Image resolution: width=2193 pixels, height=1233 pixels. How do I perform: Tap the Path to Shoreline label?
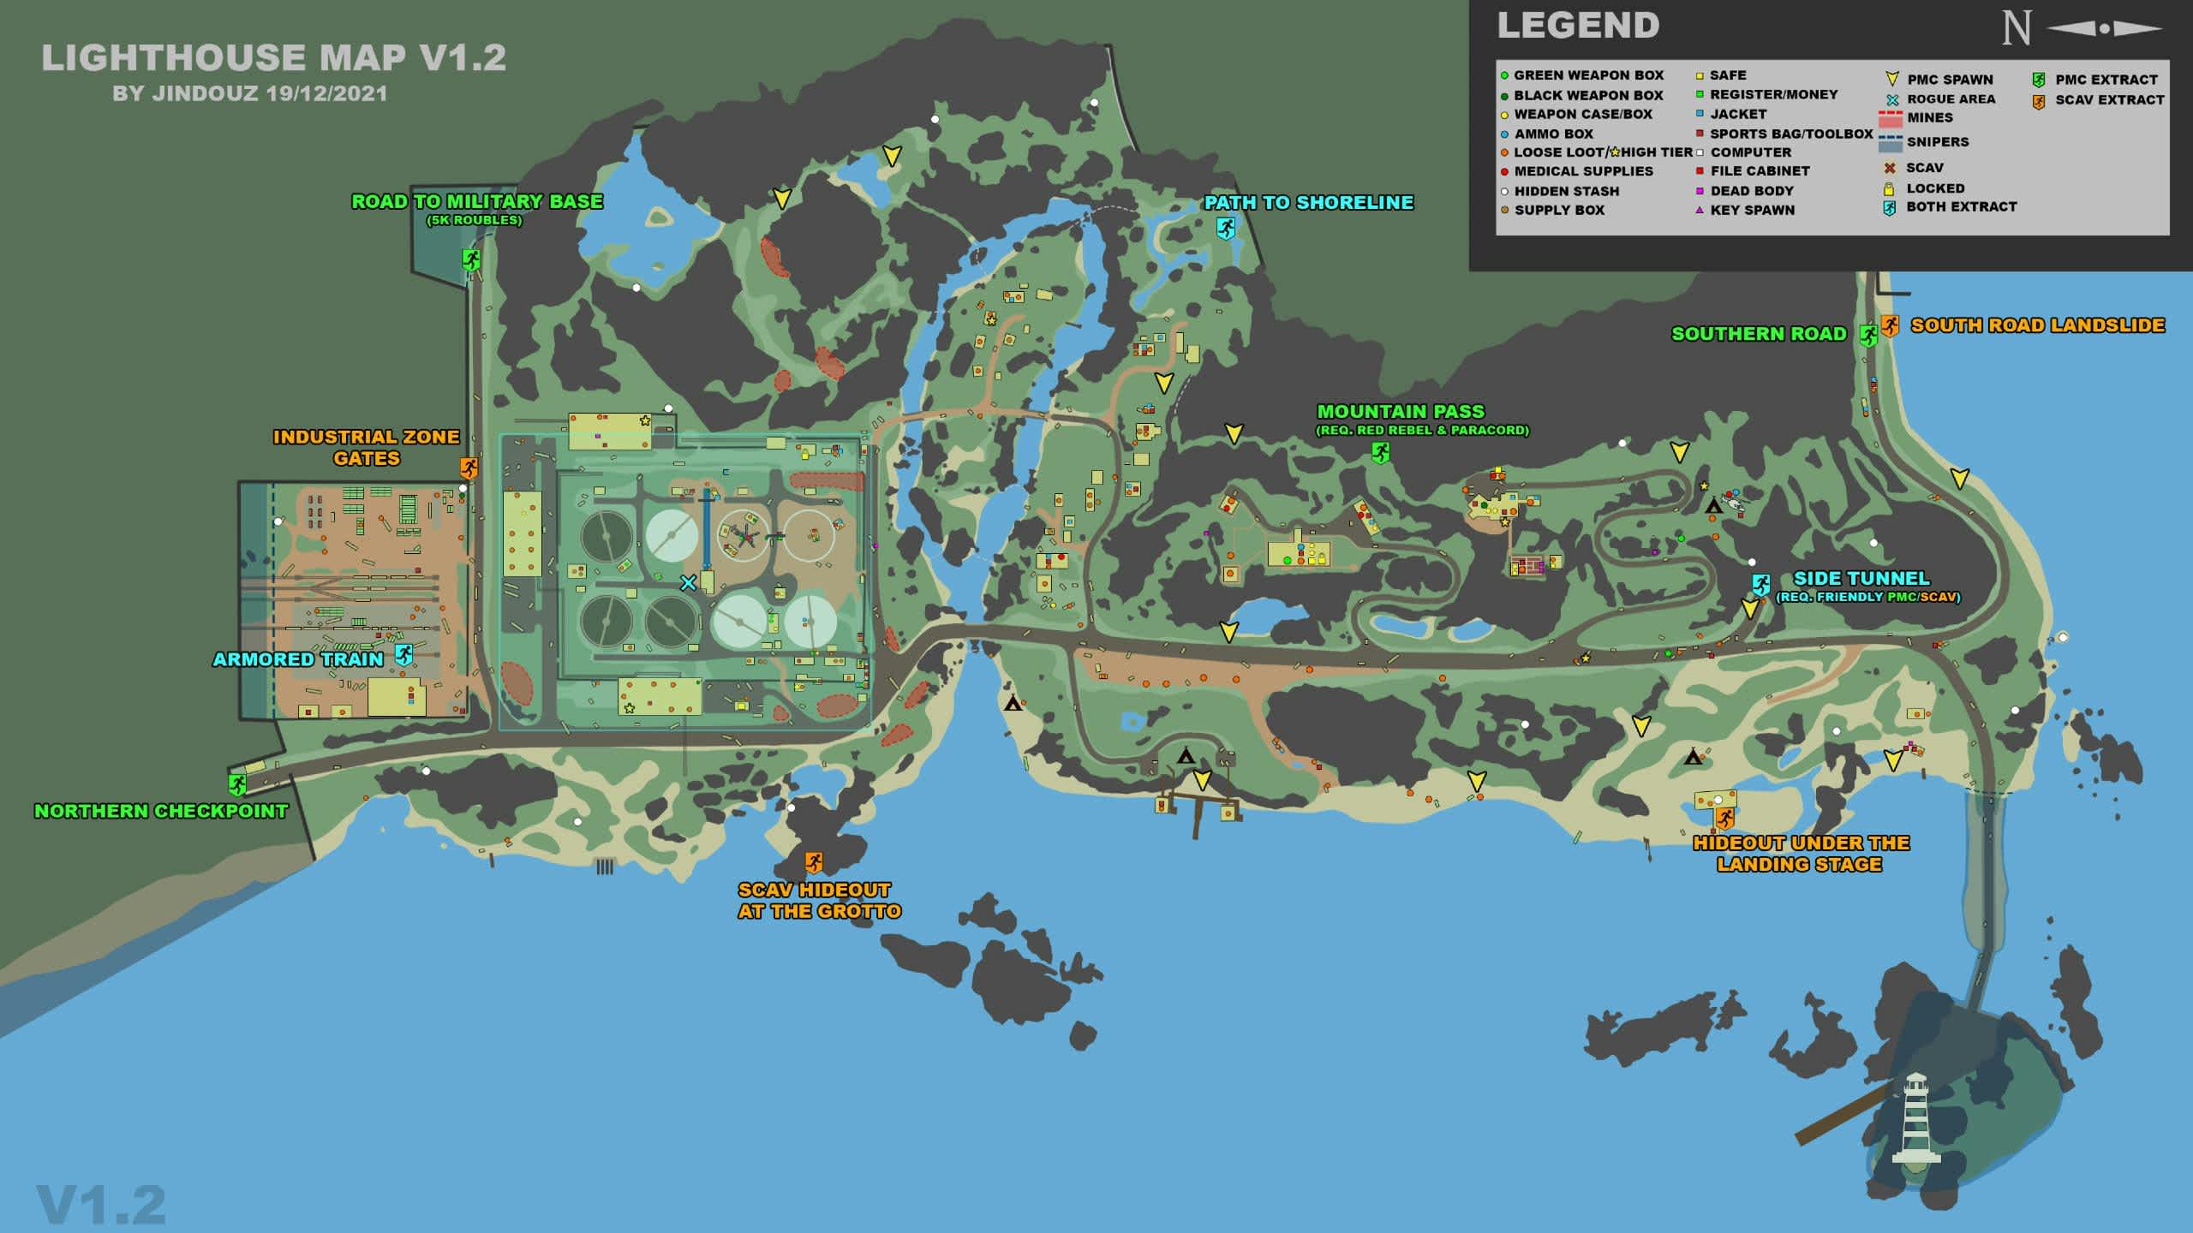coord(1308,203)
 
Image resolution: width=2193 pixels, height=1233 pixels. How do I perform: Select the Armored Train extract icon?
coord(403,655)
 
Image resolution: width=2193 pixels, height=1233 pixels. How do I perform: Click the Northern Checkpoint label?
coord(161,811)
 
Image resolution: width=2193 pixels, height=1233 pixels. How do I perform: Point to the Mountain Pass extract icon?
coord(1380,452)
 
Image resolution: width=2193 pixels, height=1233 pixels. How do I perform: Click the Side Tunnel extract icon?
coord(1760,585)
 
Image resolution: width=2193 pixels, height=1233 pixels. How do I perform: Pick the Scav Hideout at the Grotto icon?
coord(814,861)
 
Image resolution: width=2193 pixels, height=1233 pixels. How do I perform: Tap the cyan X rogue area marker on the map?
coord(688,583)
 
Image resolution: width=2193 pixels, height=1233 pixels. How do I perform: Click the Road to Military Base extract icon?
coord(470,259)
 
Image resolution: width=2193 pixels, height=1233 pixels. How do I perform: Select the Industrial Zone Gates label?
coord(367,447)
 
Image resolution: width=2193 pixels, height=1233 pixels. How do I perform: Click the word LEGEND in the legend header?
coord(1578,26)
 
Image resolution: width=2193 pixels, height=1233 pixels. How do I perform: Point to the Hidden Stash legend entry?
coord(1566,191)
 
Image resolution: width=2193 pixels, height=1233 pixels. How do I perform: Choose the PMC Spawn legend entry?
coord(1950,80)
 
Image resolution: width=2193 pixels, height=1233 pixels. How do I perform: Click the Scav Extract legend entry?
coord(2109,100)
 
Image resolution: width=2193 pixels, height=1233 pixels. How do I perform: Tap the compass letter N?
coord(2016,28)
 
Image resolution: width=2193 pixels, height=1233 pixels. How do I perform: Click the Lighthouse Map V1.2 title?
coord(273,58)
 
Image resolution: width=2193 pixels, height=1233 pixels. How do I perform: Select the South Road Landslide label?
coord(2037,325)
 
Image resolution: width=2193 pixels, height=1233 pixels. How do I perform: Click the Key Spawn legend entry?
coord(1752,210)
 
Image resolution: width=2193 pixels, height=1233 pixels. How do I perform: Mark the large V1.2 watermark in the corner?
coord(101,1205)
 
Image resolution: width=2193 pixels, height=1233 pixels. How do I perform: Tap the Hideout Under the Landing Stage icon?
coord(1724,819)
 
